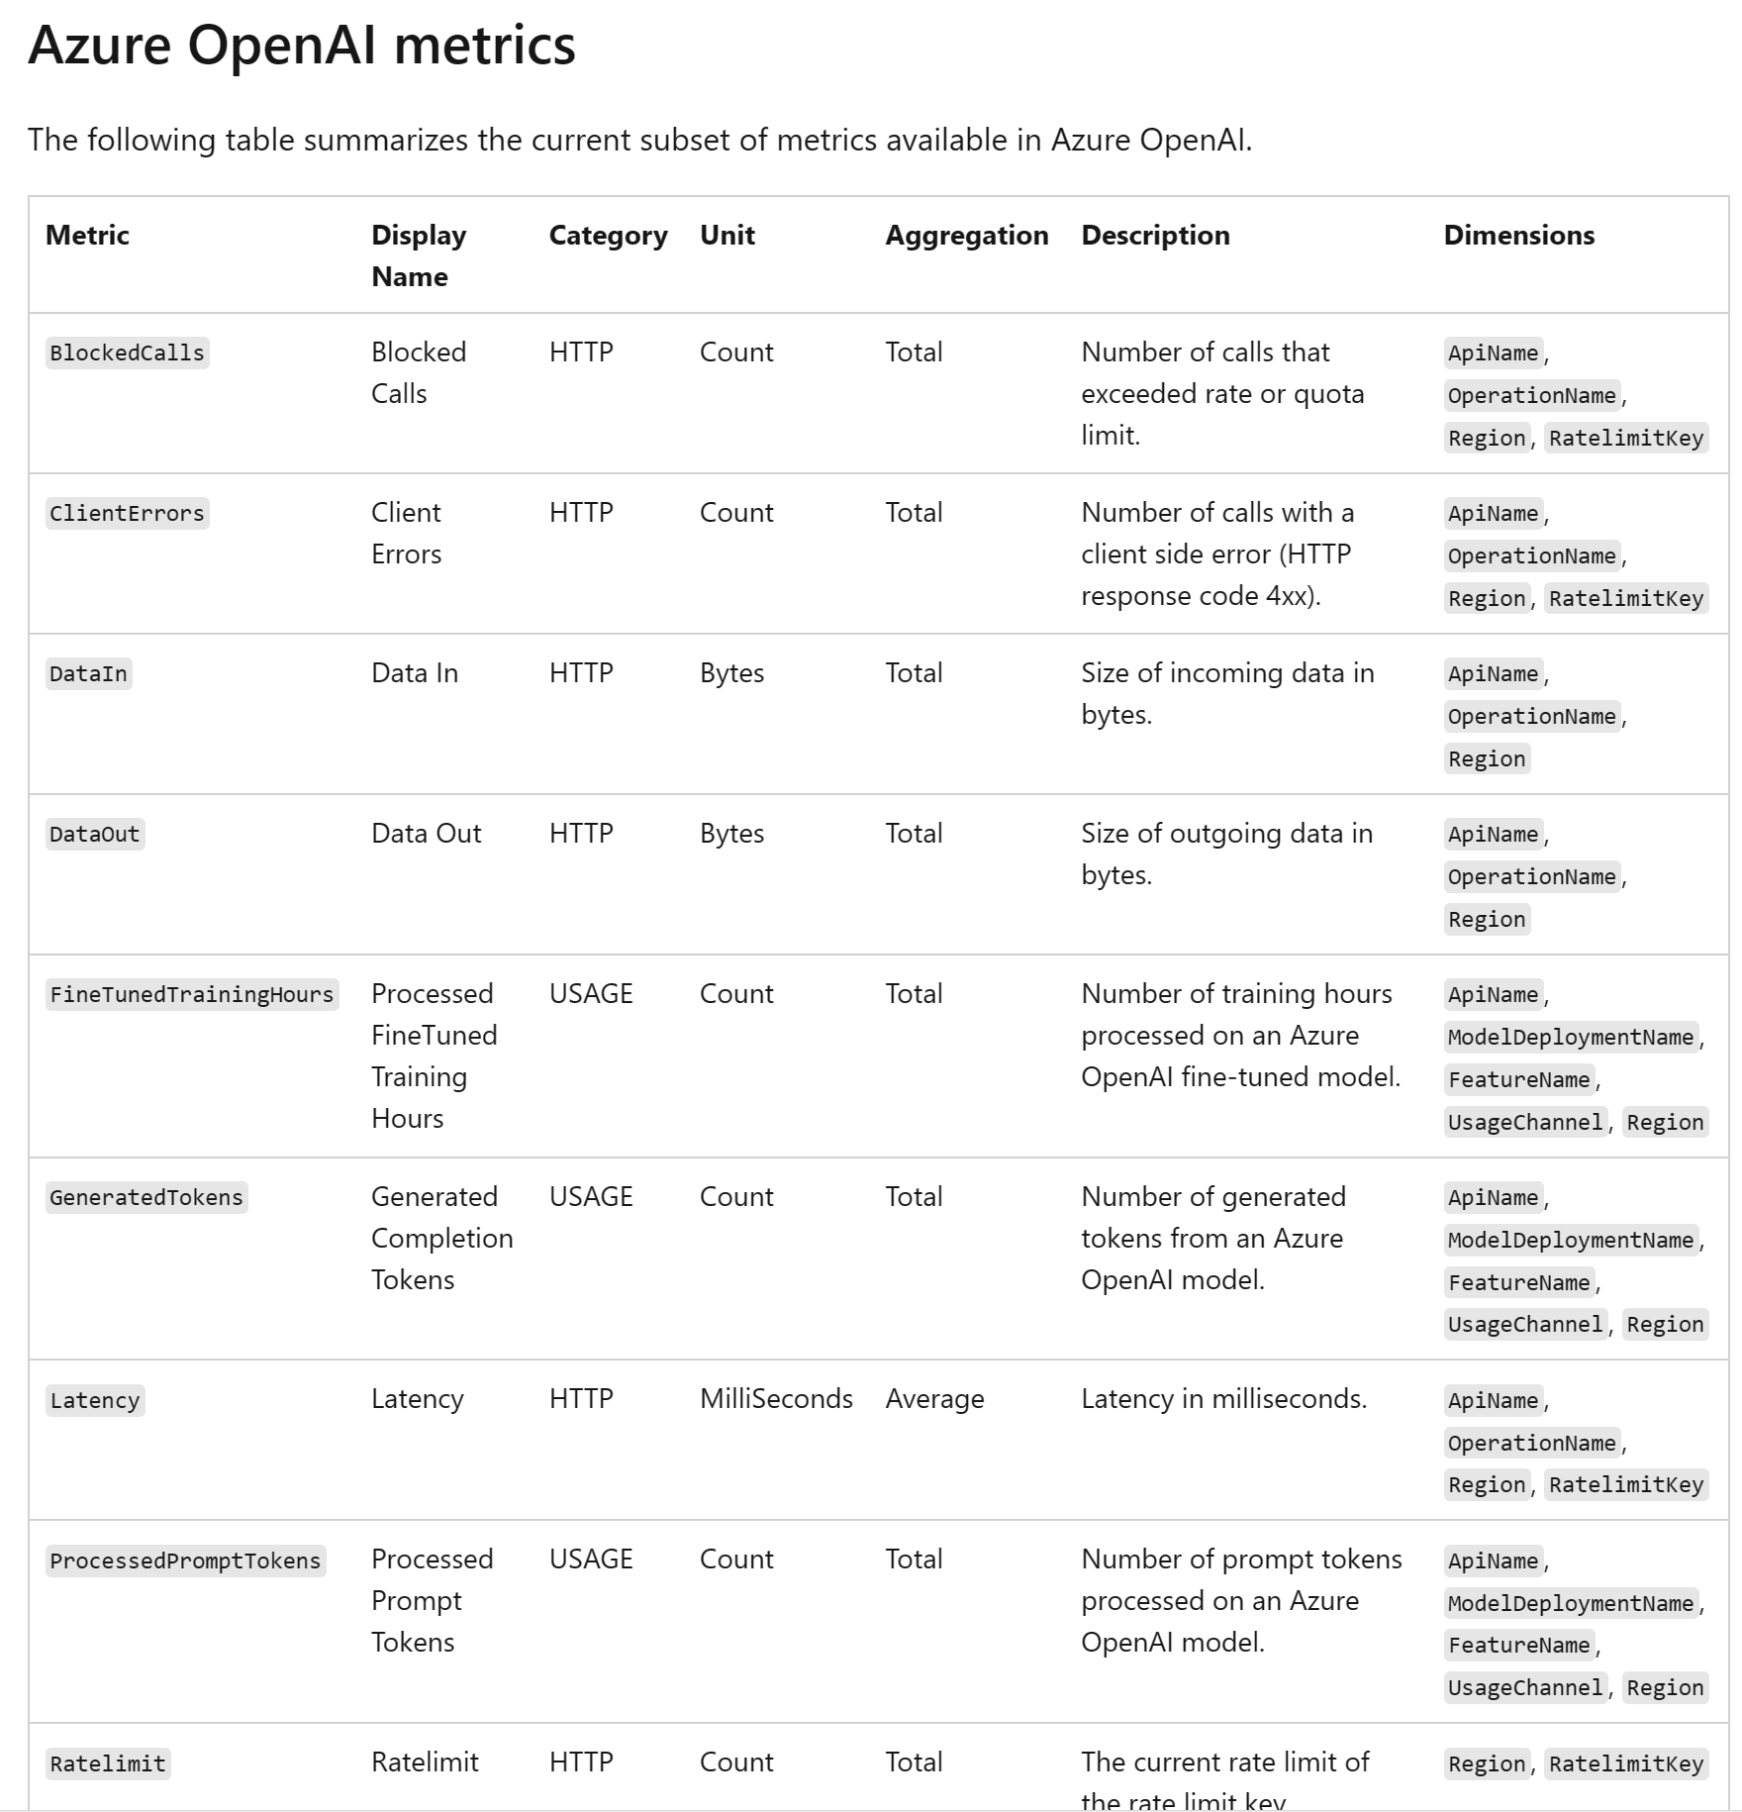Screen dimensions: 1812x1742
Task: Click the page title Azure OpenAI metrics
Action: coord(302,46)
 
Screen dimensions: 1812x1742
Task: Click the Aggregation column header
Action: coord(966,236)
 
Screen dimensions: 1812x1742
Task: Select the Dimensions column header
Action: coord(1518,236)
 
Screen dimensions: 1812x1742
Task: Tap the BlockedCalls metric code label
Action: coord(127,353)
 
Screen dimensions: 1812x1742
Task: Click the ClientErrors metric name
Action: coord(127,514)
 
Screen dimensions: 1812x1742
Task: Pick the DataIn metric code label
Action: coord(88,674)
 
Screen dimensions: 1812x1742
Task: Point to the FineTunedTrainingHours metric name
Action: coord(192,995)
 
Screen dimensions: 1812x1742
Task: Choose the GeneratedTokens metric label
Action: coord(146,1198)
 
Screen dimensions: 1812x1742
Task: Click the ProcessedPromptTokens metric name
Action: coord(185,1561)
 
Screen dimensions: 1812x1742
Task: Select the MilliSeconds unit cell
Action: coord(776,1399)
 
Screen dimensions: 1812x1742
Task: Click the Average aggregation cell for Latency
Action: coord(934,1399)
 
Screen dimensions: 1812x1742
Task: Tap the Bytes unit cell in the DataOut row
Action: coord(731,834)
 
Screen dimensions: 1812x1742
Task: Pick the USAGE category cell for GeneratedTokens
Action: coord(591,1197)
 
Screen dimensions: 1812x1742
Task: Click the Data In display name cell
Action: coord(415,673)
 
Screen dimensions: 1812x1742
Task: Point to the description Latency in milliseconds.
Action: coord(1223,1399)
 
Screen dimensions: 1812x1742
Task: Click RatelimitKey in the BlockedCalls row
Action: coord(1625,439)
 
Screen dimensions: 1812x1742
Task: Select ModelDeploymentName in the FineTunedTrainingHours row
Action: coord(1571,1038)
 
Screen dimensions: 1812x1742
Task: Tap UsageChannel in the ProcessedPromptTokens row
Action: coord(1524,1688)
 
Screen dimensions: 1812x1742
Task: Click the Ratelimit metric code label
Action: coord(108,1764)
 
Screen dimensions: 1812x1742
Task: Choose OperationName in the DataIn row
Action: coord(1531,717)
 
